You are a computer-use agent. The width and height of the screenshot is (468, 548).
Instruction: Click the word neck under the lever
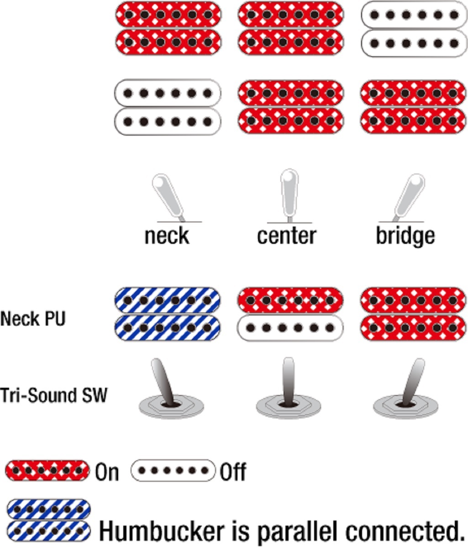point(167,236)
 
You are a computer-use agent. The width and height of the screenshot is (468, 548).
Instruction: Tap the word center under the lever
point(286,236)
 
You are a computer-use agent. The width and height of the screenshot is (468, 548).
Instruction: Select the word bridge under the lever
point(405,236)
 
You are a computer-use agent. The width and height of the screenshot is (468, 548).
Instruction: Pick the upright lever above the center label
point(288,194)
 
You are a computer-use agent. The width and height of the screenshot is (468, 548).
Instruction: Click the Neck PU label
point(33,318)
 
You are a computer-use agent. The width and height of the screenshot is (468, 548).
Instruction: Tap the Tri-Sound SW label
point(53,395)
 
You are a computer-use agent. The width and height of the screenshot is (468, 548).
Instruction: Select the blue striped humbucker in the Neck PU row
point(167,314)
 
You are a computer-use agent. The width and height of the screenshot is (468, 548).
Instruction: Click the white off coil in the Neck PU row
point(290,328)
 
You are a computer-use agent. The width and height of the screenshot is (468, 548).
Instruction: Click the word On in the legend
point(107,472)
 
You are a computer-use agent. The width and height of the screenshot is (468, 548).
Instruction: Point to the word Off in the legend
point(233,472)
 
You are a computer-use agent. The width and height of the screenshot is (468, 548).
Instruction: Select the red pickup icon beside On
point(47,470)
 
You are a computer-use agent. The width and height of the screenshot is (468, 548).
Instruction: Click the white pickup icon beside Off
point(173,470)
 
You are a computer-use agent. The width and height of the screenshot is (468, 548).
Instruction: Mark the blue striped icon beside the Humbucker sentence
point(49,520)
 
